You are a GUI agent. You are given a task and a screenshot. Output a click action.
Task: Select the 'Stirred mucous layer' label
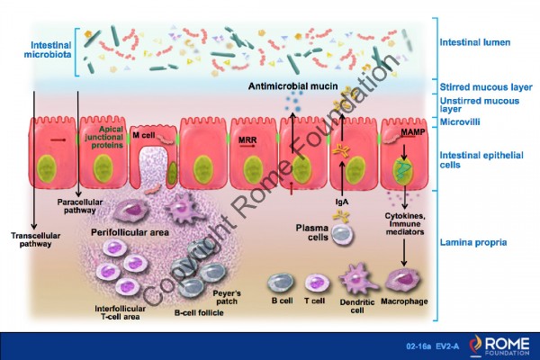pyautogui.click(x=482, y=86)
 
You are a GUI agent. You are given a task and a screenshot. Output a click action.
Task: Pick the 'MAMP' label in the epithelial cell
pyautogui.click(x=412, y=133)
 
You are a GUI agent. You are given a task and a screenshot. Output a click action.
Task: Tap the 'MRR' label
pyautogui.click(x=247, y=140)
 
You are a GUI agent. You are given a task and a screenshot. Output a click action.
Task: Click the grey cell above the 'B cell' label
pyautogui.click(x=280, y=283)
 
